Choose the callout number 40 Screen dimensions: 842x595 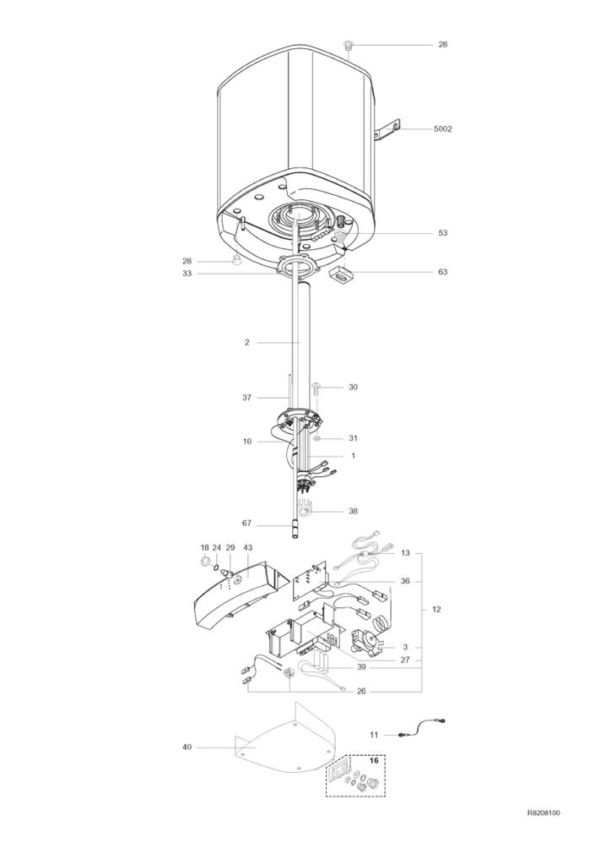coord(187,747)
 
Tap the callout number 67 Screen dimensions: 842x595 coord(246,524)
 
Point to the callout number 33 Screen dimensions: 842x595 coord(187,274)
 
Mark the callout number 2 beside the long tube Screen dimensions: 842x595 coord(246,342)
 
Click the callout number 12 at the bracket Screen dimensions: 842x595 coord(436,609)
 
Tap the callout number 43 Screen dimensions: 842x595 coord(248,548)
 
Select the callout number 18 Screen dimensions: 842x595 coord(203,548)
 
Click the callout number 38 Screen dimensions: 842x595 coord(353,511)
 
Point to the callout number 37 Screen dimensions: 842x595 coord(246,397)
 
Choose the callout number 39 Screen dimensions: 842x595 coord(361,666)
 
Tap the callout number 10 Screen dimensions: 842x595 coord(246,441)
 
